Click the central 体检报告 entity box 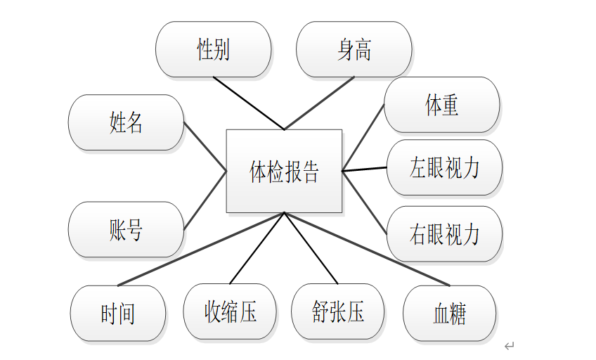point(284,171)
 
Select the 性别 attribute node point(213,49)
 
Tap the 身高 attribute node point(354,49)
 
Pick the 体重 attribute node point(441,105)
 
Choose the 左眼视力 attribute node point(444,167)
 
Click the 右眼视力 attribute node point(444,233)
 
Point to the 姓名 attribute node point(126,122)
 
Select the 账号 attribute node point(126,229)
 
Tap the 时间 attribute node point(118,314)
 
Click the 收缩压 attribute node point(230,311)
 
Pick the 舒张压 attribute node point(338,311)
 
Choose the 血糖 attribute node point(449,314)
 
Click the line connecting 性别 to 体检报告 point(248,103)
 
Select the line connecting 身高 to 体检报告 point(319,103)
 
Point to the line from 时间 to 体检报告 point(201,249)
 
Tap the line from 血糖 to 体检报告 point(366,249)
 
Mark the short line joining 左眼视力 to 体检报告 point(364,169)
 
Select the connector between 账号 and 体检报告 point(205,200)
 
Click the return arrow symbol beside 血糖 point(510,346)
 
